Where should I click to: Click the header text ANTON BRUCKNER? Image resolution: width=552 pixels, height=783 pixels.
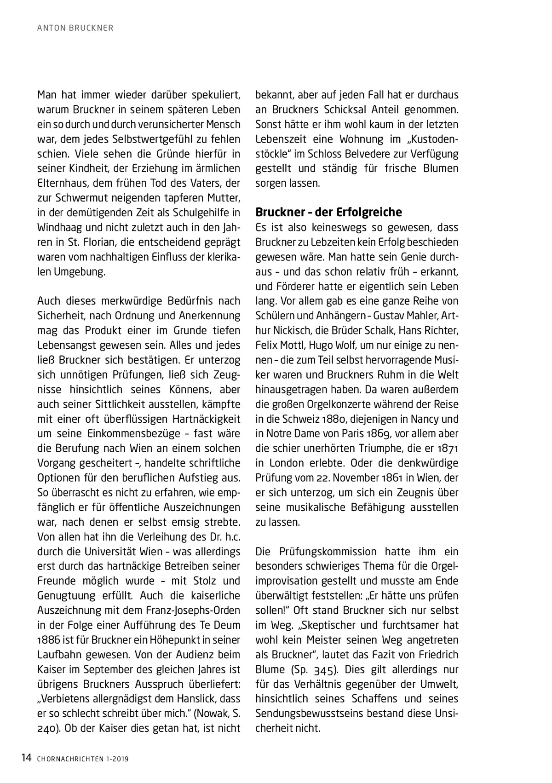(x=75, y=29)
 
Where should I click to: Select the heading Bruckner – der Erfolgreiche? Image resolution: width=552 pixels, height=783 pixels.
(x=328, y=212)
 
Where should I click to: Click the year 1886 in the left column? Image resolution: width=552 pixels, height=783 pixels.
(x=48, y=640)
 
